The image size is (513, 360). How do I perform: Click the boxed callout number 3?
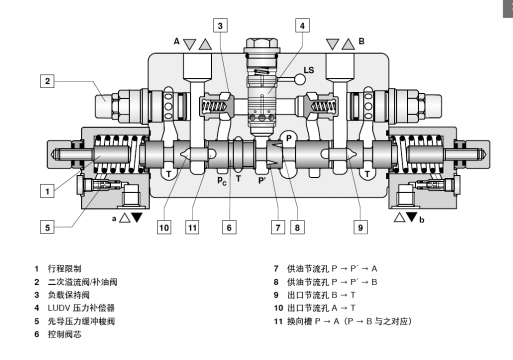[x=220, y=25]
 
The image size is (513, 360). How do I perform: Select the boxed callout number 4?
[x=302, y=25]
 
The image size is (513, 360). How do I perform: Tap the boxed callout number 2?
[x=47, y=81]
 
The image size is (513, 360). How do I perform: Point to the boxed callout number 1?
[x=47, y=191]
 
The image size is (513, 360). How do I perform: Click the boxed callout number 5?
[x=47, y=227]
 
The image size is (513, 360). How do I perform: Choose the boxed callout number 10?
[x=164, y=227]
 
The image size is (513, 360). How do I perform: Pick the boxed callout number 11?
[x=192, y=227]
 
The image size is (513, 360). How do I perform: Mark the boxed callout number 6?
[x=229, y=227]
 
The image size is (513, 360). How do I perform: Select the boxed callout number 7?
[x=278, y=227]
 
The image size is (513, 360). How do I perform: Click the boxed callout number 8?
[x=297, y=227]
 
